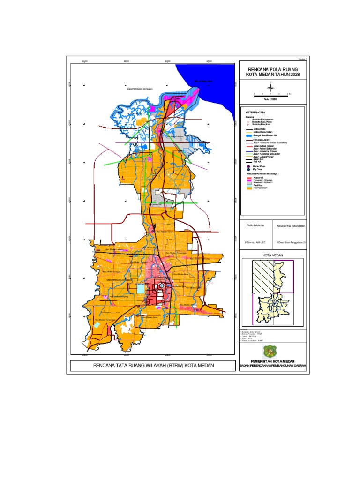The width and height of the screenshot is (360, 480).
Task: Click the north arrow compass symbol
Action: pyautogui.click(x=271, y=86)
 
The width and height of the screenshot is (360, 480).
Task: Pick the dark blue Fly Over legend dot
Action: pyautogui.click(x=249, y=169)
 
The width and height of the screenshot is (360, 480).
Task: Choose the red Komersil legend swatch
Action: pyautogui.click(x=249, y=177)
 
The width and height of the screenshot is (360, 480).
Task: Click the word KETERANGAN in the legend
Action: pyautogui.click(x=255, y=113)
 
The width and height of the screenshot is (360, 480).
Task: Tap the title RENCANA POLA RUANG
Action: pyautogui.click(x=272, y=69)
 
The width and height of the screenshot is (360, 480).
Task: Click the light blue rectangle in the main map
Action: pyautogui.click(x=141, y=289)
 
